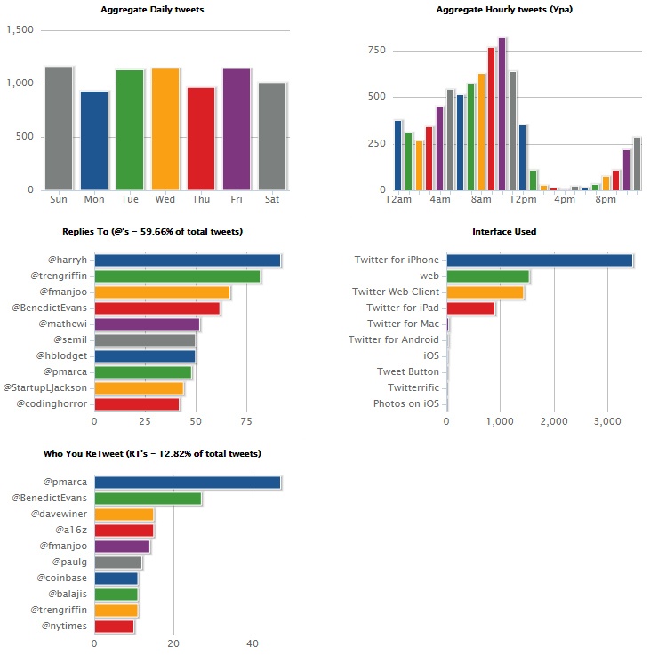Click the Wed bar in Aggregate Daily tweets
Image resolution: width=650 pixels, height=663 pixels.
[165, 129]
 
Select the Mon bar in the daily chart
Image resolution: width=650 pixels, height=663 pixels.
[94, 140]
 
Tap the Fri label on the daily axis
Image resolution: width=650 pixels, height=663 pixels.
[237, 199]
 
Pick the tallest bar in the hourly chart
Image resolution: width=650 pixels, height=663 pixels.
[502, 114]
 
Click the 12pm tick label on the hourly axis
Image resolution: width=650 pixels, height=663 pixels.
[523, 199]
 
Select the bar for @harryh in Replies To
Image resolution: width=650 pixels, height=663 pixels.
[187, 260]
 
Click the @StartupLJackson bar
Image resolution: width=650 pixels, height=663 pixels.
[139, 388]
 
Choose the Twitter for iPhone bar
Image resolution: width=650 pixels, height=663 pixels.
[539, 260]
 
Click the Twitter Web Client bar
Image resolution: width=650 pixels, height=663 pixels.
[485, 292]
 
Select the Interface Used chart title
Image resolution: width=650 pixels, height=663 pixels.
[504, 232]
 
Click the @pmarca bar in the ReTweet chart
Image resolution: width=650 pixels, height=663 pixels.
[187, 483]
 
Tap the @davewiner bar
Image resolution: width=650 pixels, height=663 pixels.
[124, 515]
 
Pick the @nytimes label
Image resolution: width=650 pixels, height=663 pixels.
[63, 627]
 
